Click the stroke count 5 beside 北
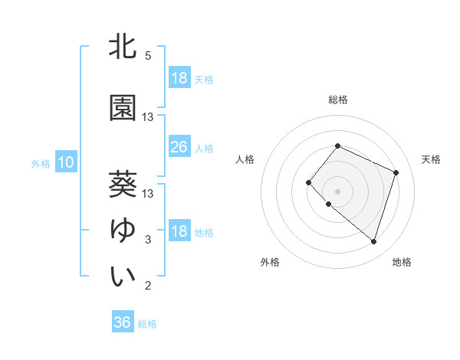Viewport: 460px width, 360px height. [148, 55]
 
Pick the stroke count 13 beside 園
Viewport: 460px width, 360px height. [148, 116]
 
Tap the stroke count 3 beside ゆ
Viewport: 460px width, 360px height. [148, 240]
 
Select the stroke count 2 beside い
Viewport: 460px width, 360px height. [148, 286]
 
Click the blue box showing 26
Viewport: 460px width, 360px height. [179, 147]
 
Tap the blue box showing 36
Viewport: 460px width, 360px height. [123, 322]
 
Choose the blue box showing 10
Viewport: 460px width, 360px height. [66, 162]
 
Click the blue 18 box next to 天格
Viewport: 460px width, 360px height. [179, 78]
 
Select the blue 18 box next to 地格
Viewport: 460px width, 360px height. [179, 232]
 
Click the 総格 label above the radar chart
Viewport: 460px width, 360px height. [337, 100]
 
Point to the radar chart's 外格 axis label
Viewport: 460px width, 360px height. [270, 262]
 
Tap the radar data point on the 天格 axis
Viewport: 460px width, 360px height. [396, 172]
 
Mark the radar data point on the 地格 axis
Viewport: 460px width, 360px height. [374, 242]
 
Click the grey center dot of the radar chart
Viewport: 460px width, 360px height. [337, 191]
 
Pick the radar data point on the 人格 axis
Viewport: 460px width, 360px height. [308, 182]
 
